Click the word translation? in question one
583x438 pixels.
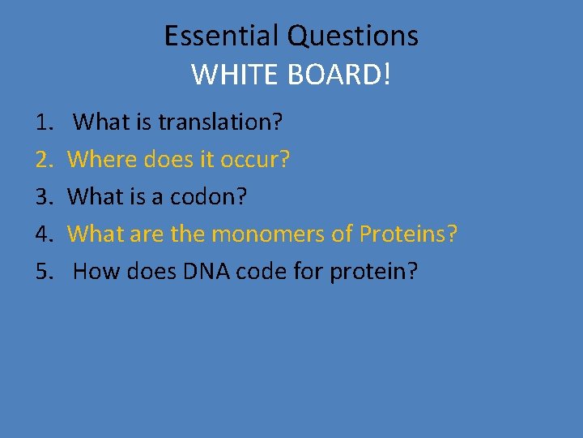220,122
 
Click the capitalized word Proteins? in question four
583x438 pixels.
409,234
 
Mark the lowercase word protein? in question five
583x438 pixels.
374,272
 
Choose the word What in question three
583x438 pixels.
96,197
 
